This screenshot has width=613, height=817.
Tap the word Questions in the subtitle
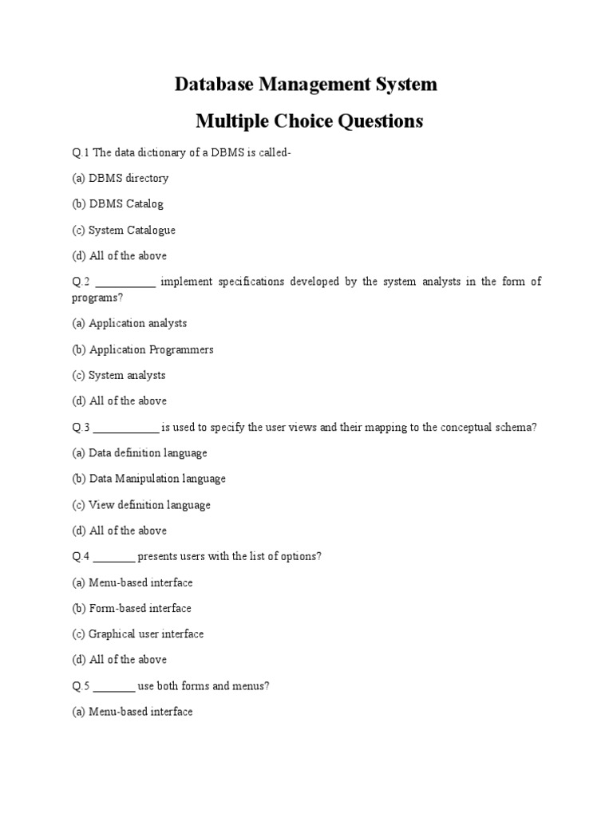[x=378, y=121]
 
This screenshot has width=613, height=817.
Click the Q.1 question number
[x=81, y=152]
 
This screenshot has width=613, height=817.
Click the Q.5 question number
[x=81, y=685]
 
